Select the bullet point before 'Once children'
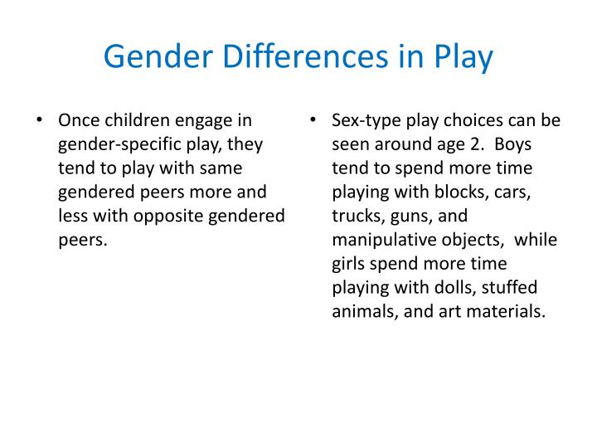click(40, 120)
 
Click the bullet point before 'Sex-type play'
click(313, 120)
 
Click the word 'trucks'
click(357, 217)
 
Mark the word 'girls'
click(350, 265)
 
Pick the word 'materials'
click(507, 313)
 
